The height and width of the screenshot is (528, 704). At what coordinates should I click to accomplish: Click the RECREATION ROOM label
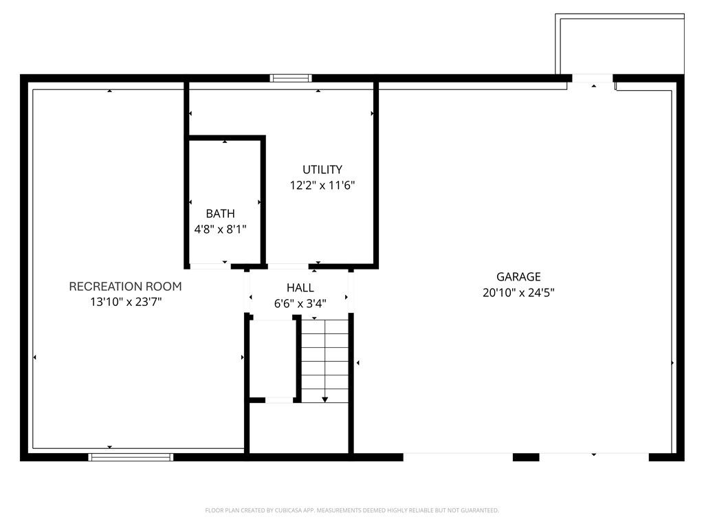click(125, 287)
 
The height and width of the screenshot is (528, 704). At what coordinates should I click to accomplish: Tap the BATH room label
click(220, 214)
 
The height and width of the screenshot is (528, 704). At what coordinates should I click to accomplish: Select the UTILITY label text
click(322, 170)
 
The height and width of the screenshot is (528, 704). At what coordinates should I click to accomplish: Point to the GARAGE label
click(518, 276)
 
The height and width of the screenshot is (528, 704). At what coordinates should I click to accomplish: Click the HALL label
click(300, 288)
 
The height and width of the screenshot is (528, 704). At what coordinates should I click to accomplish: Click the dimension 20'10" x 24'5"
click(518, 293)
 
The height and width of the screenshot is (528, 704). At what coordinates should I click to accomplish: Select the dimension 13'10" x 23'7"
click(126, 302)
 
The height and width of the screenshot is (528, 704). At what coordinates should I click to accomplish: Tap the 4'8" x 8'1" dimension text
click(220, 230)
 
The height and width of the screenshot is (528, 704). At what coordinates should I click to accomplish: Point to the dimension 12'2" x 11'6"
click(322, 185)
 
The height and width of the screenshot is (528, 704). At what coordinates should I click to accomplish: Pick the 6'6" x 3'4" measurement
click(300, 303)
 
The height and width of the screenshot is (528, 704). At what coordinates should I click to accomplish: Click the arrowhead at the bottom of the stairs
click(324, 399)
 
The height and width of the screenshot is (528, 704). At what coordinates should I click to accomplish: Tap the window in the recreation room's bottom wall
click(131, 457)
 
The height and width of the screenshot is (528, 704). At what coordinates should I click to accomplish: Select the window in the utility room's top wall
click(291, 78)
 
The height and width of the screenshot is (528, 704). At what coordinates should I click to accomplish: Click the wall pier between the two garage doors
click(526, 457)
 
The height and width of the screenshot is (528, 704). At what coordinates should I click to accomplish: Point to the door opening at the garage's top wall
click(592, 78)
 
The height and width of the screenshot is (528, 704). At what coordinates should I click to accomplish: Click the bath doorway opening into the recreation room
click(210, 266)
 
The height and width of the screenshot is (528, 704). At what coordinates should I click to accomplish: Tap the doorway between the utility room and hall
click(288, 266)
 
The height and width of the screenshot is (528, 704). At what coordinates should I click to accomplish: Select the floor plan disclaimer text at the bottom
click(352, 510)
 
